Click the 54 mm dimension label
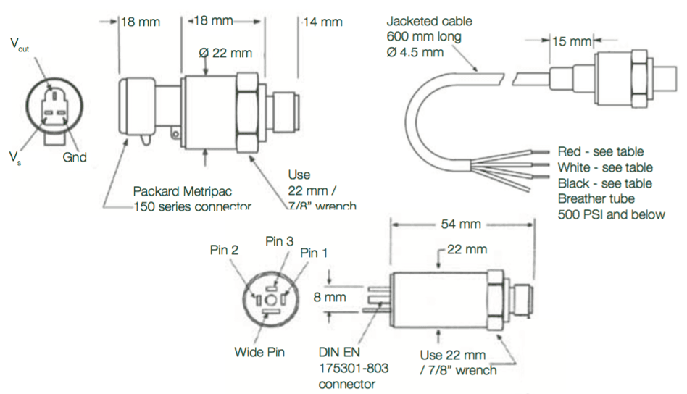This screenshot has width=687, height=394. (x=460, y=224)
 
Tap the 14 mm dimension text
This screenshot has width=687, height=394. (x=322, y=22)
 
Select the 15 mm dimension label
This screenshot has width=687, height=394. (x=572, y=41)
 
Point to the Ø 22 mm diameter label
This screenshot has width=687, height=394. (x=225, y=53)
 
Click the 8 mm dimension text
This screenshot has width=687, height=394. (x=330, y=297)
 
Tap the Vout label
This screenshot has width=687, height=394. (x=20, y=45)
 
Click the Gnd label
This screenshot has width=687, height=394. (x=75, y=157)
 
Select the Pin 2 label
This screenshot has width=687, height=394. (x=224, y=250)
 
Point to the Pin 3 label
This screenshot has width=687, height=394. (x=280, y=241)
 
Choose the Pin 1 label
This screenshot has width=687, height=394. (x=314, y=253)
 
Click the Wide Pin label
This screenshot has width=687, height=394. (x=259, y=352)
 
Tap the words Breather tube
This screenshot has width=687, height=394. (x=596, y=198)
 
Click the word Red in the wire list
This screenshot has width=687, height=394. (x=569, y=151)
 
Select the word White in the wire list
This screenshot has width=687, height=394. (x=574, y=167)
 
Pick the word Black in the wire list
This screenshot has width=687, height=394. (x=573, y=183)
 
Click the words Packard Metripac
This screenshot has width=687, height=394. (x=183, y=191)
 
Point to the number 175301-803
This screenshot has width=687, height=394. (x=353, y=368)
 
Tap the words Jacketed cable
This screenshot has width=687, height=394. (x=429, y=21)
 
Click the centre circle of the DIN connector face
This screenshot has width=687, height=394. (x=270, y=301)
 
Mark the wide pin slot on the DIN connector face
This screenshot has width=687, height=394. (x=271, y=311)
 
